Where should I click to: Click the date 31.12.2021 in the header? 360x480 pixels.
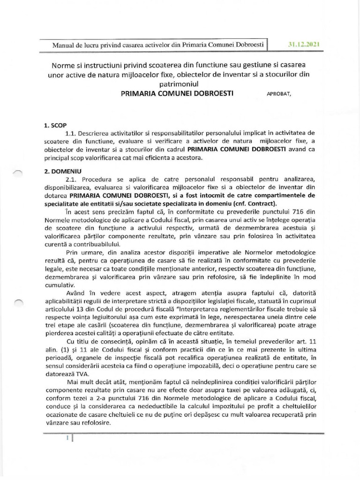304,45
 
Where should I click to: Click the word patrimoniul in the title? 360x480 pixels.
180,83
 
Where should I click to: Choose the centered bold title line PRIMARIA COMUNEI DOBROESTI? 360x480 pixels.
180,93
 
